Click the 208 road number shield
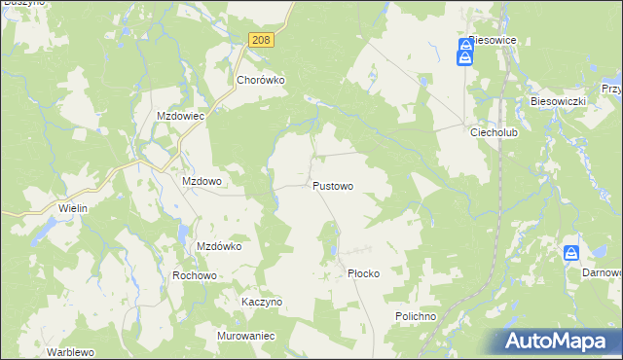point(261,40)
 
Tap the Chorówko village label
point(260,81)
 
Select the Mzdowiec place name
point(180,115)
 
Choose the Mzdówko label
point(219,246)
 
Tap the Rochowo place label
point(194,275)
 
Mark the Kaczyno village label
point(262,302)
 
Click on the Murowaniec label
point(247,336)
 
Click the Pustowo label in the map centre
point(333,185)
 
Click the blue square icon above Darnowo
point(571,253)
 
